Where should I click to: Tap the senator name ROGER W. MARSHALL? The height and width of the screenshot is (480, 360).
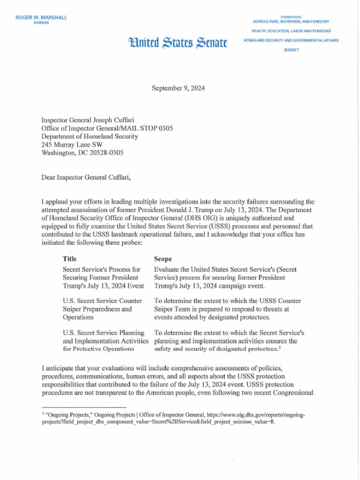coord(41,17)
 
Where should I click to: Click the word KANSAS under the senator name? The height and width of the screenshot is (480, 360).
coord(41,22)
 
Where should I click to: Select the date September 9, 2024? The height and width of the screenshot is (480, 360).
coord(178,88)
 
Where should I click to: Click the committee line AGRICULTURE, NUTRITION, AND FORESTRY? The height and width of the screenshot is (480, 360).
coord(291,22)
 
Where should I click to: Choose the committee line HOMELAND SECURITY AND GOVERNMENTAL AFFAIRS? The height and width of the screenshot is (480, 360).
coord(291,40)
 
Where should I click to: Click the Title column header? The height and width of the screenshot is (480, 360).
coord(69,259)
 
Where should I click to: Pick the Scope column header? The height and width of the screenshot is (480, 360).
coord(163,259)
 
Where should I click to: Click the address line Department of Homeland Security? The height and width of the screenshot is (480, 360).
coord(90,136)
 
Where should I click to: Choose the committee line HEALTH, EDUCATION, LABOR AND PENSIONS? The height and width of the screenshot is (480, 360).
coord(291,31)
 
